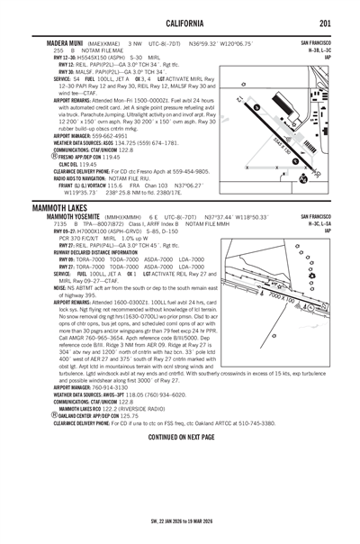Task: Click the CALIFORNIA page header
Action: (180, 23)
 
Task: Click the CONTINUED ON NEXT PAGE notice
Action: (180, 435)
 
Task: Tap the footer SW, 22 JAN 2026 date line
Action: (180, 521)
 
